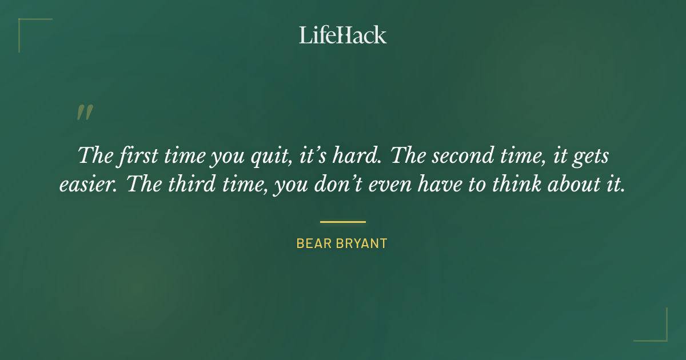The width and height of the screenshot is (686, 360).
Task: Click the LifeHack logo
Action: coord(342,35)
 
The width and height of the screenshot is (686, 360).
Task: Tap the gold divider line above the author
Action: coord(342,222)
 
